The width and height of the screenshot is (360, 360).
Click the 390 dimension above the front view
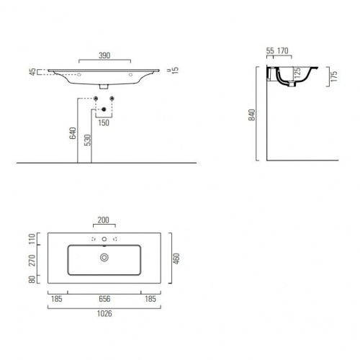tap(104, 55)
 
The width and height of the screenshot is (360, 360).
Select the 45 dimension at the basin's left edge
tap(32, 72)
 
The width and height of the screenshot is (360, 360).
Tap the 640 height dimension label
tap(73, 133)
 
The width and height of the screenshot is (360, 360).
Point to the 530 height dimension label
tap(88, 140)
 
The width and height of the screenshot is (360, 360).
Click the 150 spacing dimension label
tap(104, 123)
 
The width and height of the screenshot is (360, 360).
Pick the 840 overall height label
tap(252, 115)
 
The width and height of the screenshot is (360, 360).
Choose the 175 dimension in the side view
tap(334, 76)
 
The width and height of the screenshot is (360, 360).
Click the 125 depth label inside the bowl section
tap(297, 73)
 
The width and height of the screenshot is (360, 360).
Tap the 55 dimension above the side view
tap(270, 51)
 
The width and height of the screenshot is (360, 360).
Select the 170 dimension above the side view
tap(283, 51)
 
